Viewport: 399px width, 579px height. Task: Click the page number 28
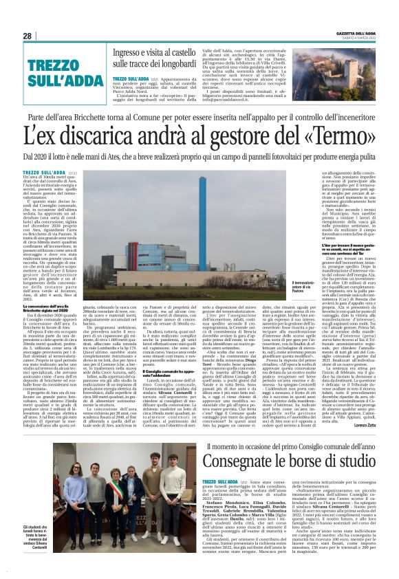tap(28, 36)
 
